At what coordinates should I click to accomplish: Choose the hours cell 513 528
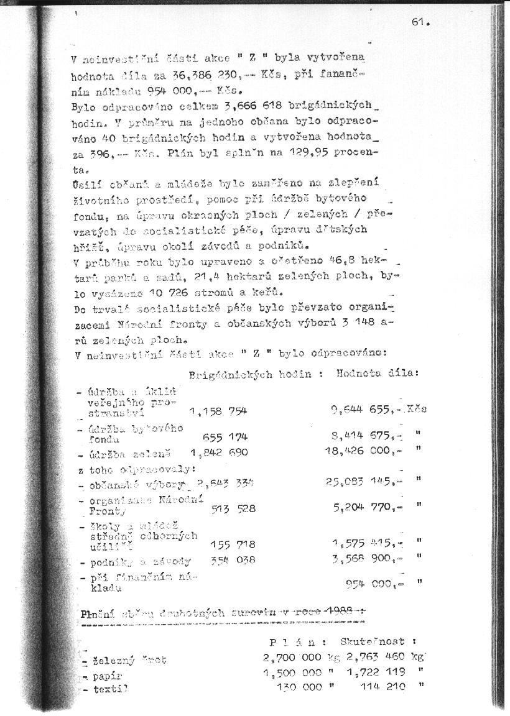click(x=233, y=508)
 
